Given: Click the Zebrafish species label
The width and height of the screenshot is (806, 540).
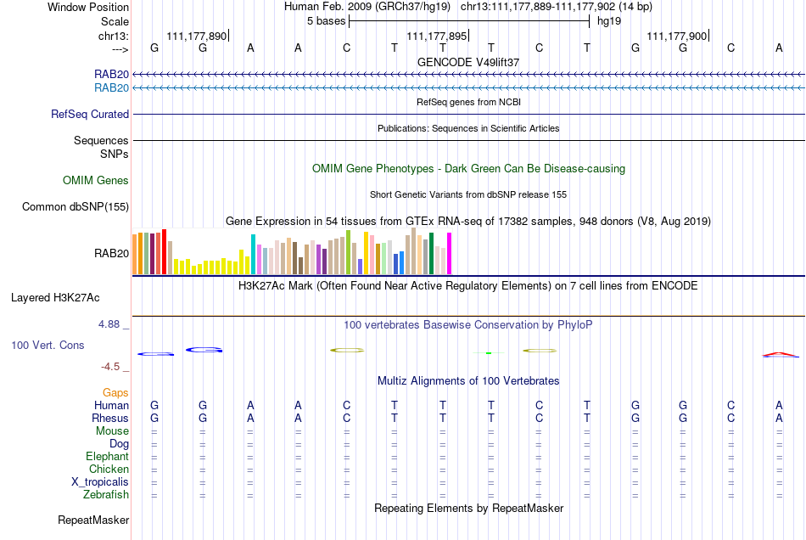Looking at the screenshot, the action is pos(106,495).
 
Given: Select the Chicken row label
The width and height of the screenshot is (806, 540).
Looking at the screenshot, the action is pos(109,469).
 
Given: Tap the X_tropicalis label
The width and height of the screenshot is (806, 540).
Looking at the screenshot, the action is pos(100,482).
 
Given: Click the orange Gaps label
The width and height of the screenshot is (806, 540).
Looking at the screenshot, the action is pos(115,393).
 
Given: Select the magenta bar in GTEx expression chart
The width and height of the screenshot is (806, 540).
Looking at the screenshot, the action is pos(449,254).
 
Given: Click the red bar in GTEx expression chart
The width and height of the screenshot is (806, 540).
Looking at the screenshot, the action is pos(164,252).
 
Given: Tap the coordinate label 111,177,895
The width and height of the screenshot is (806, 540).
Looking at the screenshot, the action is pos(436,36).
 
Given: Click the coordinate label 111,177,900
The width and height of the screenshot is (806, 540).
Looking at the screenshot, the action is pos(676,36).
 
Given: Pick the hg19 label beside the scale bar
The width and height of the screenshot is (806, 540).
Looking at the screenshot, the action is pos(609,21).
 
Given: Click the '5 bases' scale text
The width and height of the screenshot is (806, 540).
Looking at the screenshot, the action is pos(327,21).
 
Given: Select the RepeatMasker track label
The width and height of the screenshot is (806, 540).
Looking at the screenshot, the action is pos(93,520).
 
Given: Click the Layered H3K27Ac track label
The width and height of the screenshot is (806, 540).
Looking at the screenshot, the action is pos(55,298).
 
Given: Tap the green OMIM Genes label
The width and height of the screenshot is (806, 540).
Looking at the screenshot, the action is pos(96,181).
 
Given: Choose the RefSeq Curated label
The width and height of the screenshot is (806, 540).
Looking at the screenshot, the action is pos(90,114).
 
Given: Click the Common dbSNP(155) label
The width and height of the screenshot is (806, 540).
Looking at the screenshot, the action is pos(76,206).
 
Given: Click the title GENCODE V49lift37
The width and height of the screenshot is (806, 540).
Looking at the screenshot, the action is pos(468,62).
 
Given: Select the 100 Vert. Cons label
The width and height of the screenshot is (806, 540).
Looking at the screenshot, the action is pos(48,345).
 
